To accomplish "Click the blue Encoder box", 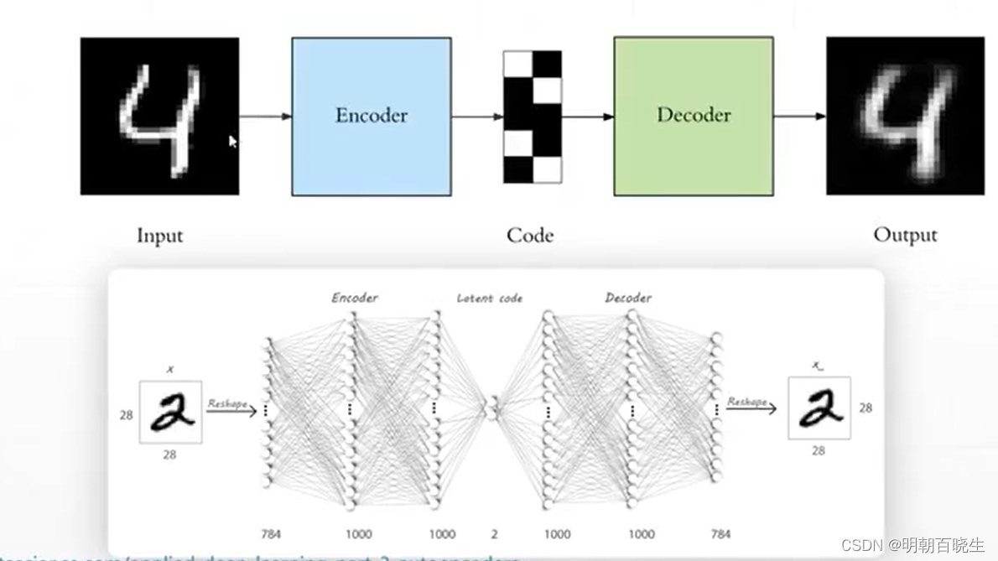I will coord(372,116).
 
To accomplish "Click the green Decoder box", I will coord(693,116).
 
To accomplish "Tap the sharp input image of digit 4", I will coord(159,116).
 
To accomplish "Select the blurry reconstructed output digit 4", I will coord(905,116).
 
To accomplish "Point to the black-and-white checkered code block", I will coord(532,117).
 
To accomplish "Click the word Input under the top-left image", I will coord(159,236).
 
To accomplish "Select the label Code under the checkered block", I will coord(530,236).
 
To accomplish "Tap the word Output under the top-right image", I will coord(905,236).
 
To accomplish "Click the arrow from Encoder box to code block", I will coord(477,117).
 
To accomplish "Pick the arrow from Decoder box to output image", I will coord(799,117).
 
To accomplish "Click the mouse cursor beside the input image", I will coord(233,142).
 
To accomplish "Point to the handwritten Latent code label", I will coord(490,298).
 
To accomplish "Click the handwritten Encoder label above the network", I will coord(355,298).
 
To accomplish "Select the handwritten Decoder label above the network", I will coord(628,298).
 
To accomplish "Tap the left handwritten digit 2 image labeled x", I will coord(171,412).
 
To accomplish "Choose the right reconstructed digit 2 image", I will coord(819,408).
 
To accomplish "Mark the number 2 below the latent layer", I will coord(494,534).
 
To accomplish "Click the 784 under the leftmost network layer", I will coord(270,534).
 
